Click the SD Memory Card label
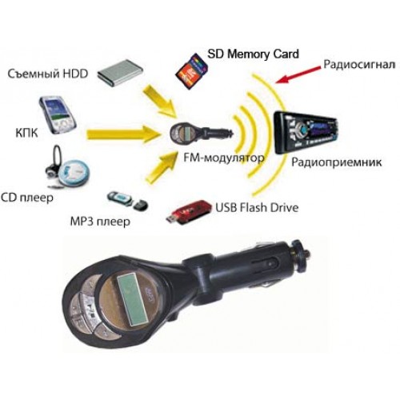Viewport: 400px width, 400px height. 253,54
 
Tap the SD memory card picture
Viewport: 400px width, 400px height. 191,70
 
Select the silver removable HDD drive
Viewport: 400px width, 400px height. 120,73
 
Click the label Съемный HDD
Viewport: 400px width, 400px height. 48,74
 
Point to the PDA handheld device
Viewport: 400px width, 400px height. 58,114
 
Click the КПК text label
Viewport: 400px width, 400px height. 26,133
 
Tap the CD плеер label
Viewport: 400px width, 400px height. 27,198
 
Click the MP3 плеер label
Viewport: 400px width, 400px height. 100,222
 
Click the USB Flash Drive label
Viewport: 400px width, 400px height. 257,208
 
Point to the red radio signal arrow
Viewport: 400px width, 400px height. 298,74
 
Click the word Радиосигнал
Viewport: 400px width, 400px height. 359,65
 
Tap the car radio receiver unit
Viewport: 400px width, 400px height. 306,132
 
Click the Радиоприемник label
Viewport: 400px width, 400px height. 336,162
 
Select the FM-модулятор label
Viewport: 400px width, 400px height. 224,158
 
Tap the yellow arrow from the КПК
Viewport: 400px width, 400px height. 123,134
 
